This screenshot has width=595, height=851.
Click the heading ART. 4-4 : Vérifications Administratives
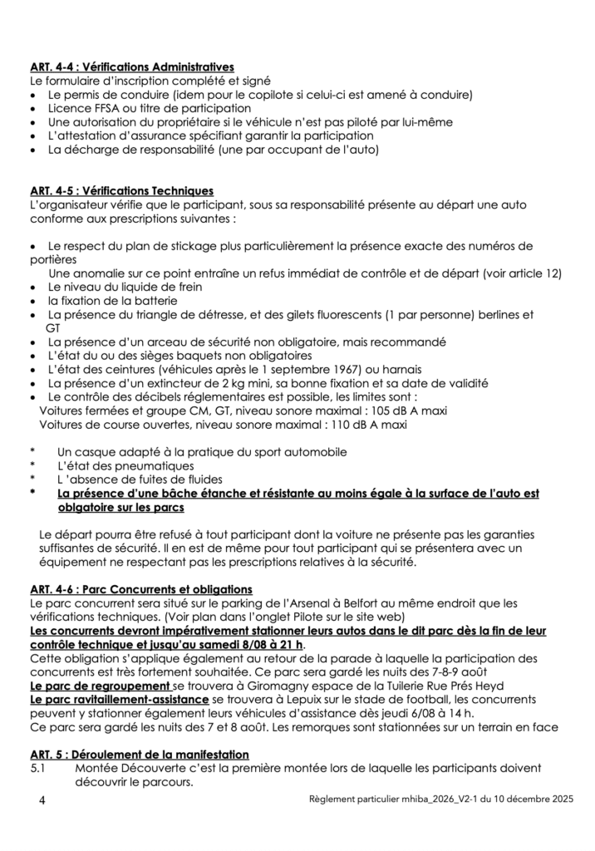131,67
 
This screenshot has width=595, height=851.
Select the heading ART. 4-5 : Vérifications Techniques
121,190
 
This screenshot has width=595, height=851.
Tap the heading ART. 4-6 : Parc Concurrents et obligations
140,590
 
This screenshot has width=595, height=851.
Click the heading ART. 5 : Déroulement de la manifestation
139,754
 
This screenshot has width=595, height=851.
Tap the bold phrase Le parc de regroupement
99,686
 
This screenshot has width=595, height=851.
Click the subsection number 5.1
37,768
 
